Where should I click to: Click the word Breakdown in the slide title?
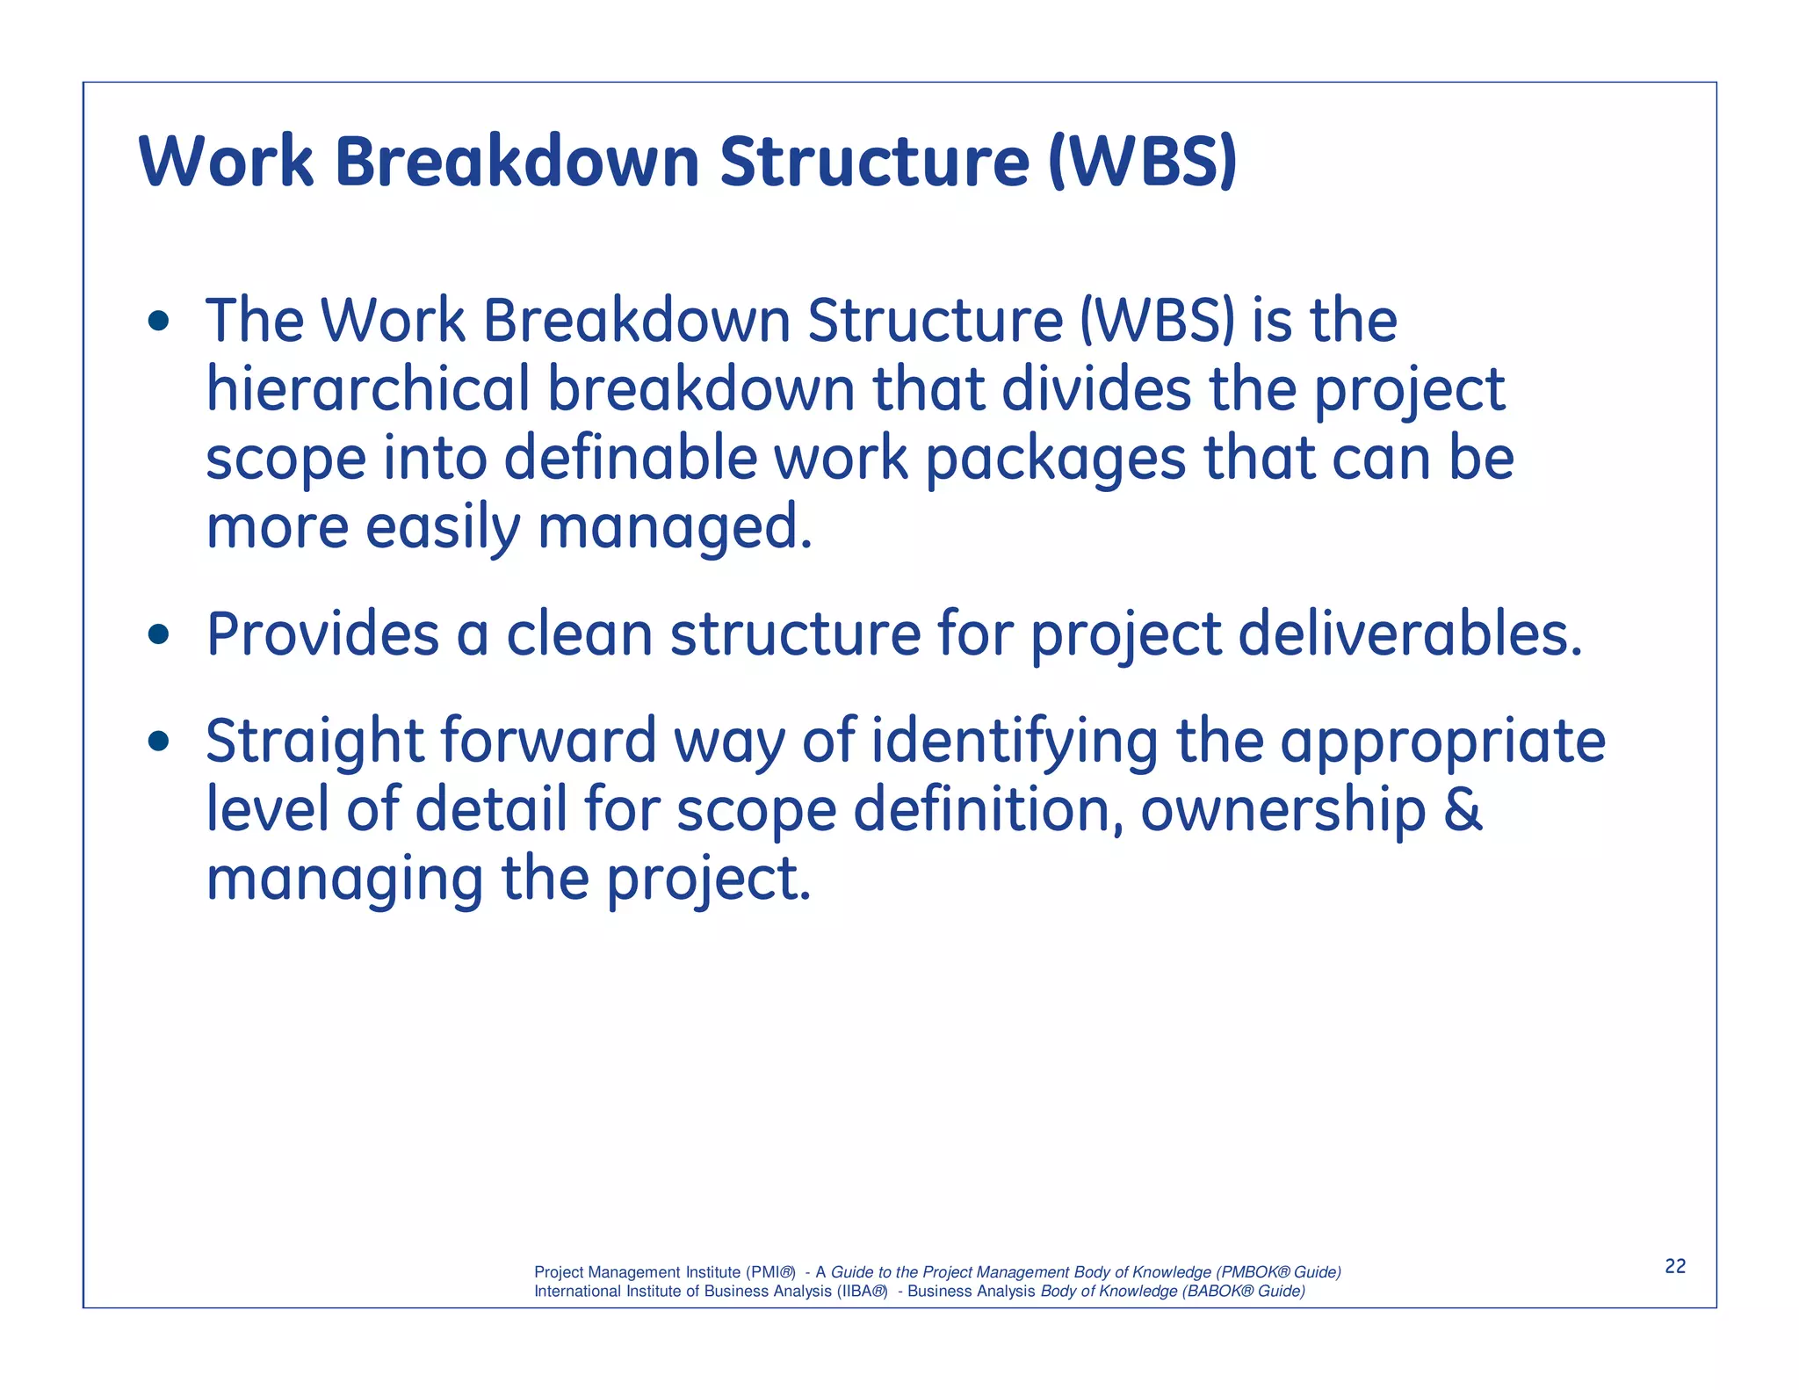pos(517,162)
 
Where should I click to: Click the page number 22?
pos(1675,1266)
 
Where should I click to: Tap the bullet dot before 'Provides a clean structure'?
pos(158,633)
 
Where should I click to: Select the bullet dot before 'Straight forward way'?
pos(158,742)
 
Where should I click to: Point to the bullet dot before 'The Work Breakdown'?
pos(158,321)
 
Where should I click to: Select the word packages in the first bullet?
pos(1055,460)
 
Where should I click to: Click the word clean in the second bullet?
pos(579,633)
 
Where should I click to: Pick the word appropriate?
pos(1442,743)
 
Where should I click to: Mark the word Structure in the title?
pos(874,162)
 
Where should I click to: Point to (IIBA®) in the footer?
pos(862,1292)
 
